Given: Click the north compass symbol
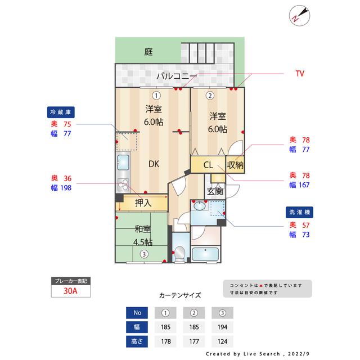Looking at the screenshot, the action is (x=299, y=16).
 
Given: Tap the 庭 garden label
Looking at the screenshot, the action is (x=148, y=52).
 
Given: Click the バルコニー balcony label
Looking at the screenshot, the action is (x=177, y=76).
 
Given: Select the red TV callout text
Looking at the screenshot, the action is (x=300, y=74).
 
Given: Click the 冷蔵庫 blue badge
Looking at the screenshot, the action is (x=61, y=112).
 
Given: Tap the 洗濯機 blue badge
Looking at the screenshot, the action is (x=299, y=212).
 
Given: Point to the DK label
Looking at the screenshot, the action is (x=154, y=164).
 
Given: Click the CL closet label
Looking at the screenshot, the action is (x=208, y=165).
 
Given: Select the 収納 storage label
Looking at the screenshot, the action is (x=235, y=165).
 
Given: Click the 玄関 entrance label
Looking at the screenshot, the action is (x=215, y=191).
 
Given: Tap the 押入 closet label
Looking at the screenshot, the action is (x=143, y=203).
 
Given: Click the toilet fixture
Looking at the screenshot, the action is (x=179, y=254).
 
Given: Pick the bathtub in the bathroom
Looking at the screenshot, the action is (x=205, y=254).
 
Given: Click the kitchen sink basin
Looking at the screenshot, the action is (x=123, y=162).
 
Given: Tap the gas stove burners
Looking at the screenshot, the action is (x=123, y=185).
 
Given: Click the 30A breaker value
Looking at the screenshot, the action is (x=70, y=291).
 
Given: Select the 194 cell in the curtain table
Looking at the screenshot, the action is (x=223, y=327).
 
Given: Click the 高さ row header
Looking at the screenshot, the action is (x=137, y=341).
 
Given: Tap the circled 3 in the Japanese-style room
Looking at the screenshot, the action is (x=144, y=254).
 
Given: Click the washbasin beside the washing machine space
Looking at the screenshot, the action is (x=200, y=206).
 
